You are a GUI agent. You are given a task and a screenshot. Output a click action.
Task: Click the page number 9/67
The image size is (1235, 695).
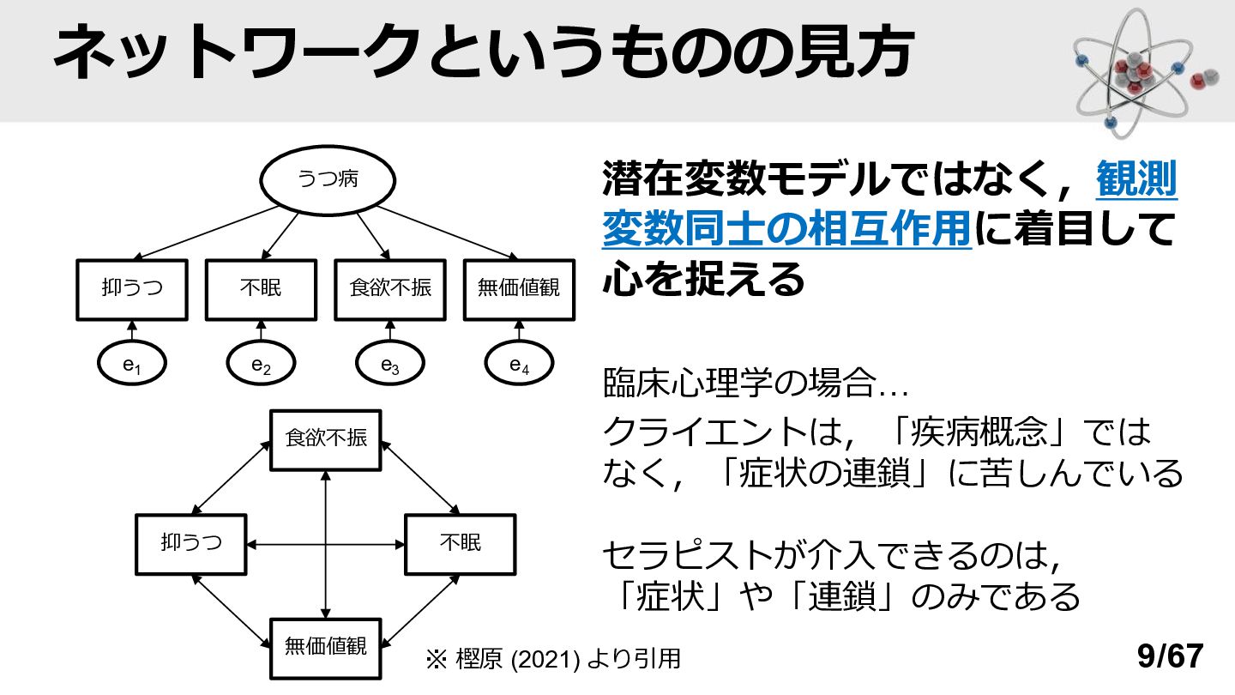click(1170, 656)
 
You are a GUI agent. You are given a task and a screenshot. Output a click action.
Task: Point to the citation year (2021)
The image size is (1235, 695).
click(545, 659)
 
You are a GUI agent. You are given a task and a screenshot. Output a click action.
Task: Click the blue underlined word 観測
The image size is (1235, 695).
click(1136, 178)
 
